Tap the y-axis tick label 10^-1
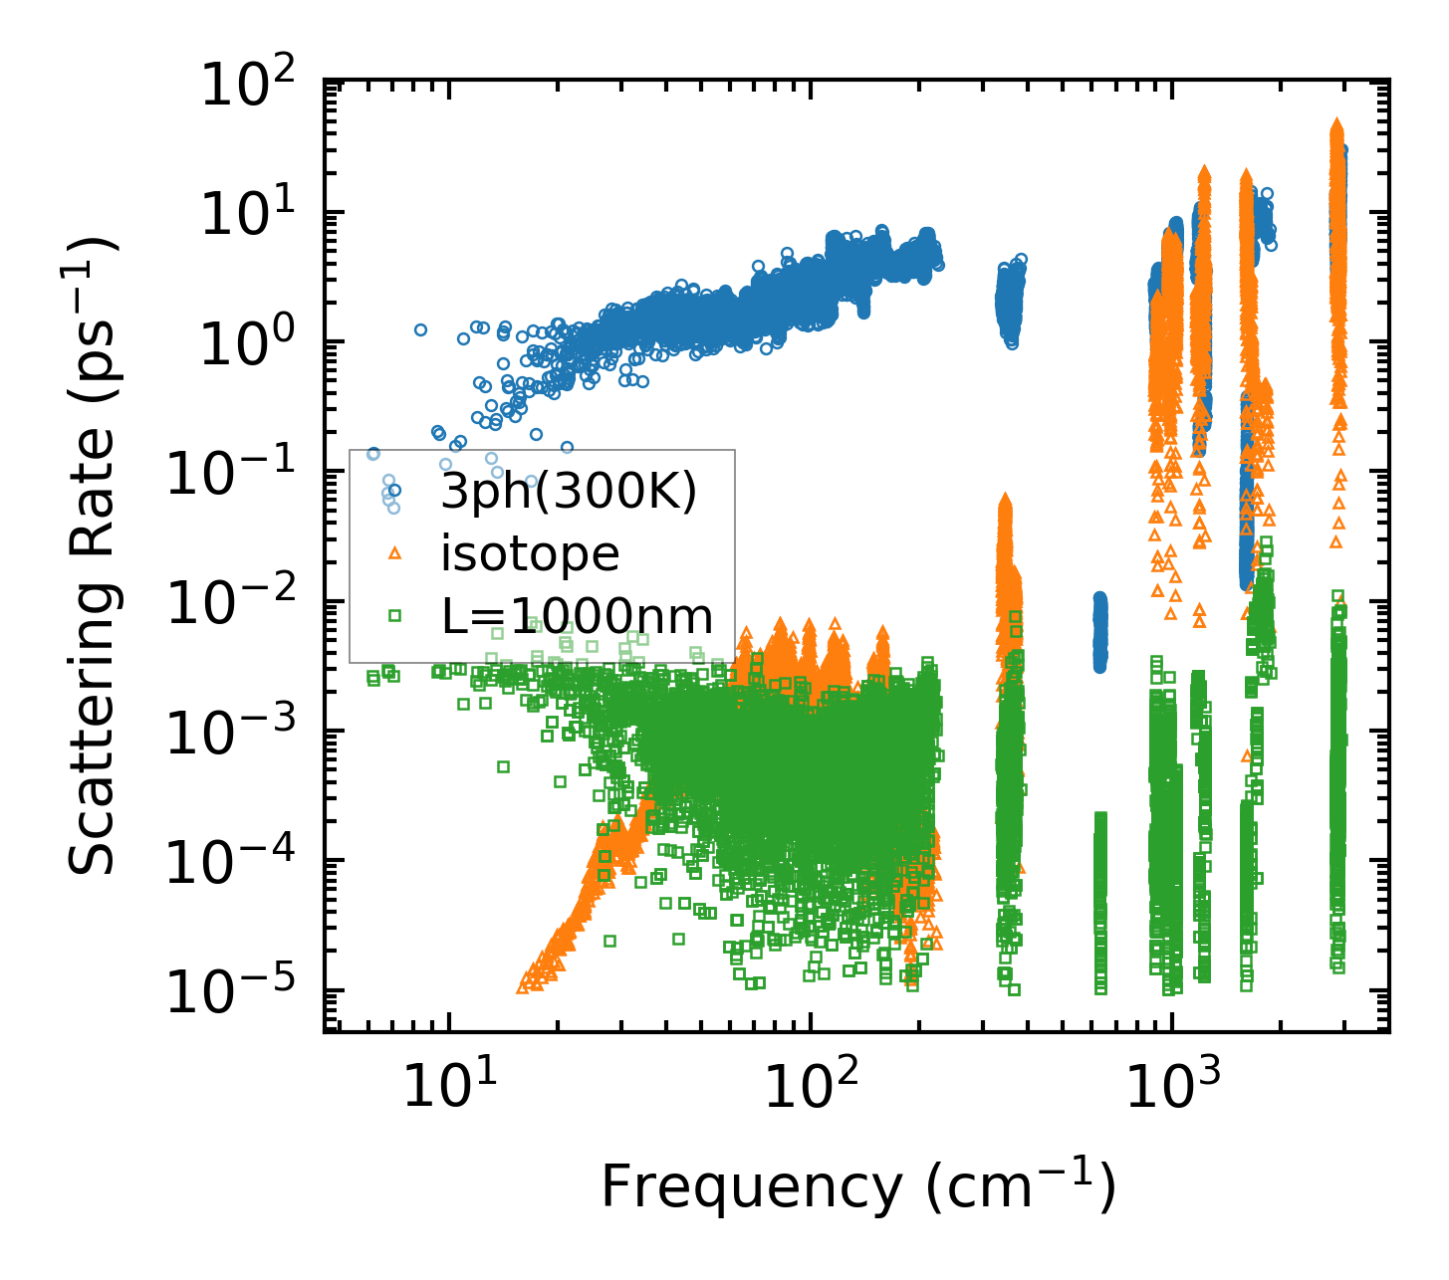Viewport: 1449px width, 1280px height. [x=238, y=473]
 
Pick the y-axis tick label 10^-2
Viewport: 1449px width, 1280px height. [x=238, y=602]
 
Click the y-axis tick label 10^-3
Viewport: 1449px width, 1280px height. [x=238, y=732]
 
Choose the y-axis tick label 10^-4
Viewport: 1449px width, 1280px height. [x=238, y=861]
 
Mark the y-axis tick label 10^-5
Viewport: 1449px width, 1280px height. [x=238, y=991]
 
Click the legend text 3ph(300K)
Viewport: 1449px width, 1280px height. [x=569, y=491]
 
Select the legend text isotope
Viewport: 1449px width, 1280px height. [x=530, y=553]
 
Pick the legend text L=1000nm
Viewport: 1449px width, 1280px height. [x=578, y=616]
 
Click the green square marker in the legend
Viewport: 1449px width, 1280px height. [x=394, y=616]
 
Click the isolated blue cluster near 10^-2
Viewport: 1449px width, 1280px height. [x=1099, y=631]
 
